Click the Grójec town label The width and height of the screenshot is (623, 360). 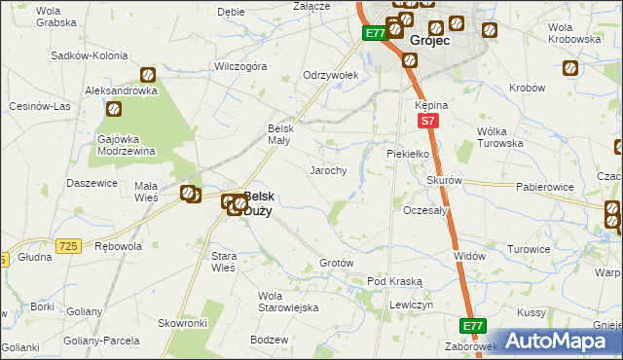tap(428, 42)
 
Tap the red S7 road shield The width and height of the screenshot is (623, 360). tap(426, 121)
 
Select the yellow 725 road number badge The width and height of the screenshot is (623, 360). tap(67, 247)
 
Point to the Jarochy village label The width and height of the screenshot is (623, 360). tap(328, 170)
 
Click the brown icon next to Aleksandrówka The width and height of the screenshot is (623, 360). tap(149, 74)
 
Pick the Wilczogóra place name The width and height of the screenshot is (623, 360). tap(240, 67)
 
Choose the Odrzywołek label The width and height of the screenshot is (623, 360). tap(331, 75)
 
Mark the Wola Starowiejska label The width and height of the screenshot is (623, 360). tap(288, 302)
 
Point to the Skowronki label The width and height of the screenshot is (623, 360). tap(183, 323)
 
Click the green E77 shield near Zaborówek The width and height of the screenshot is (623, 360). tap(472, 326)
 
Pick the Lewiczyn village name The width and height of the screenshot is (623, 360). tap(411, 305)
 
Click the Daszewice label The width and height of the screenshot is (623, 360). tap(92, 183)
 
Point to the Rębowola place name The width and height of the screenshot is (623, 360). tap(119, 246)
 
